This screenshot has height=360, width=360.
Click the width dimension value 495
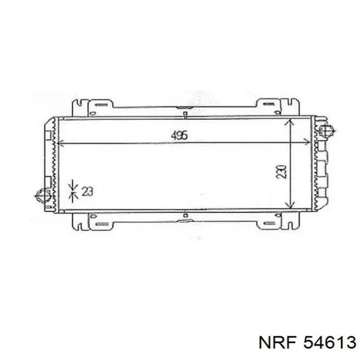point(179,135)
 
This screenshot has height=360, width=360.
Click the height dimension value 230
point(281,172)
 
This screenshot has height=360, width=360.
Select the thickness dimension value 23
point(87,191)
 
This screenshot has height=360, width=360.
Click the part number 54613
point(330,343)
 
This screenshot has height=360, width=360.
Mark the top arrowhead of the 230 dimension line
point(291,122)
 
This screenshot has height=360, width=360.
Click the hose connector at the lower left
point(43,196)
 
